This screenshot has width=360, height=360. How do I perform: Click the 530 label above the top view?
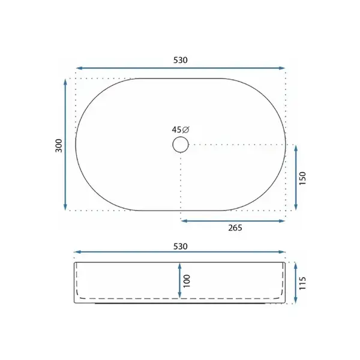tap(181, 60)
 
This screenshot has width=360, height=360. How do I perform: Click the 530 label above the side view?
tap(181, 247)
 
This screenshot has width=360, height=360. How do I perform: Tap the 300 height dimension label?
tap(59, 146)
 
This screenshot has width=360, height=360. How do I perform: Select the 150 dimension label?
tap(302, 178)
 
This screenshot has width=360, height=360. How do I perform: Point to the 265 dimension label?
tap(235, 228)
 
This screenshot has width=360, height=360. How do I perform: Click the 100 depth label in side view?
tap(187, 281)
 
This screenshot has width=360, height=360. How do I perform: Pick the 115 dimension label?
tap(302, 283)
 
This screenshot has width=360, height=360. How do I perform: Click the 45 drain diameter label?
tap(176, 130)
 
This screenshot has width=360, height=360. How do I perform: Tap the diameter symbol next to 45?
tap(185, 130)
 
